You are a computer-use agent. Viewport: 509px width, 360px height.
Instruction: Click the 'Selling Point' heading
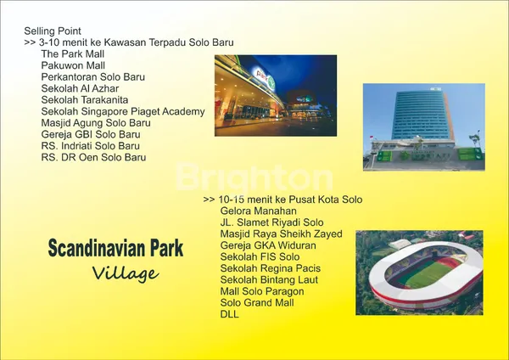click(53, 31)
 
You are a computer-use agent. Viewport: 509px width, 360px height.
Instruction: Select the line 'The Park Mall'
click(72, 54)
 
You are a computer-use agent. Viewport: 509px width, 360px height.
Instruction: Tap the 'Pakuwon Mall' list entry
click(73, 65)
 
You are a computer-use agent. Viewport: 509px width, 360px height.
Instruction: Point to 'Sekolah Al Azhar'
click(80, 88)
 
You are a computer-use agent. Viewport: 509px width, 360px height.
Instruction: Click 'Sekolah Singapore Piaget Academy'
click(122, 111)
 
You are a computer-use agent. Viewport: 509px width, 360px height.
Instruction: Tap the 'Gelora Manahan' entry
click(258, 211)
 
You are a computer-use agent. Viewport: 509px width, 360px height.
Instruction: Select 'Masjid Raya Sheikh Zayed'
click(281, 233)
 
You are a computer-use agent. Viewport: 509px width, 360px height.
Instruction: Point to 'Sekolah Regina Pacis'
click(270, 268)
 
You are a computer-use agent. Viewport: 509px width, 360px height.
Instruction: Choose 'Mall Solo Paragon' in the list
click(261, 291)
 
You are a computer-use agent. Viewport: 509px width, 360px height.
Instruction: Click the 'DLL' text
click(229, 314)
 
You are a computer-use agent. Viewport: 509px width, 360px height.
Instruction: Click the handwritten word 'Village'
click(125, 273)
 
